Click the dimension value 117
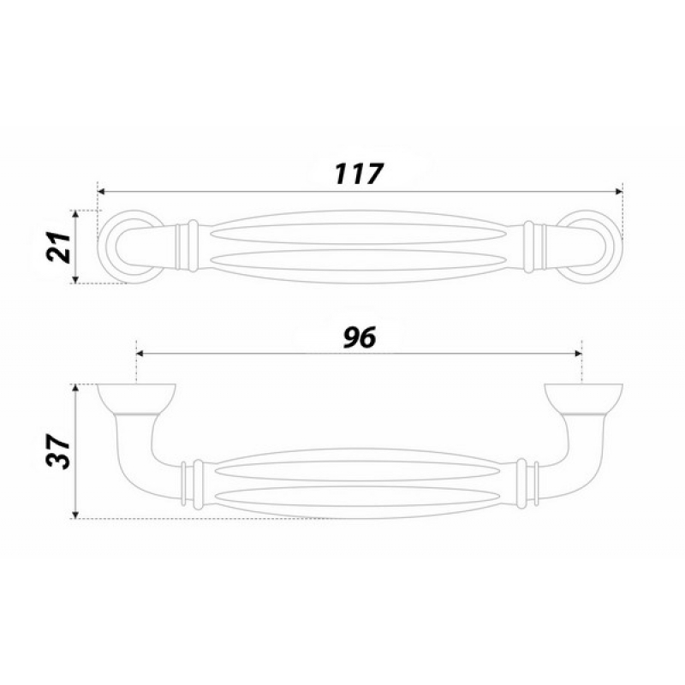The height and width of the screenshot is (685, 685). [359, 174]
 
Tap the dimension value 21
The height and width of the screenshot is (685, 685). [59, 247]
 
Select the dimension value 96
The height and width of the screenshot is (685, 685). [360, 337]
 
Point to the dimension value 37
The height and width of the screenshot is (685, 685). [59, 451]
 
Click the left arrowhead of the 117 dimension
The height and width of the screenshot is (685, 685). [101, 191]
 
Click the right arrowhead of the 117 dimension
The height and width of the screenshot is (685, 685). [618, 191]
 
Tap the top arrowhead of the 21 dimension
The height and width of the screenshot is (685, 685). [75, 214]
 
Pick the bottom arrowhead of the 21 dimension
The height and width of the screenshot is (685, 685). [75, 280]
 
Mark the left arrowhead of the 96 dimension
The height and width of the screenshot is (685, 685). [140, 353]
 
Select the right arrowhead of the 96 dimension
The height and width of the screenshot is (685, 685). [579, 353]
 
